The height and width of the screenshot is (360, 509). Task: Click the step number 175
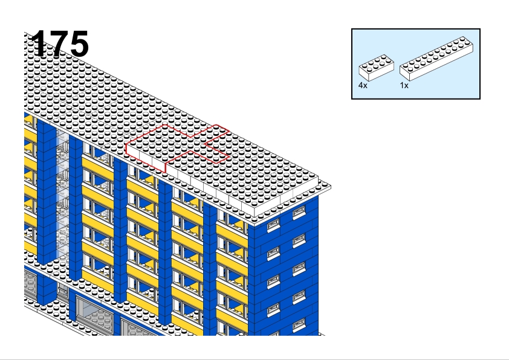coord(60,43)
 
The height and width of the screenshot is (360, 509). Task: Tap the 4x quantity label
coord(363,85)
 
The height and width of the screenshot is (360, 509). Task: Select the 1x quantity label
coord(404,85)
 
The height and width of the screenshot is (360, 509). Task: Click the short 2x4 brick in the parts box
coord(376,68)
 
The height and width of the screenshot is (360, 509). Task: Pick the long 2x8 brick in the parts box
coord(436,59)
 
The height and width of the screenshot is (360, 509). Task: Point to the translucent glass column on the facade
coord(62,194)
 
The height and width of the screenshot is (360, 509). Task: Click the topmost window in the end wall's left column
coord(273,225)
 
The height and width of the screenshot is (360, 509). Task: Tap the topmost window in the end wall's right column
coord(299,212)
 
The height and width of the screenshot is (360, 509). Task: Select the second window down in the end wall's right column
coord(299,240)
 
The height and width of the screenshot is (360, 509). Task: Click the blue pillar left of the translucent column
coord(47,191)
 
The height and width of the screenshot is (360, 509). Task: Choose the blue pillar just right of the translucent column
coord(76,208)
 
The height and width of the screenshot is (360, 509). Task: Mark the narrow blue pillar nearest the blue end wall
coord(210,269)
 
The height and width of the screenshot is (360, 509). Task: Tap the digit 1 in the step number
coord(38,43)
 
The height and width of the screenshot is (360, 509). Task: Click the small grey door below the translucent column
coord(63,289)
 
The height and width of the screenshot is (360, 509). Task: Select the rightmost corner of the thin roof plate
coord(331,187)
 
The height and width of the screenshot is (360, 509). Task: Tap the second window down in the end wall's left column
coord(273,253)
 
